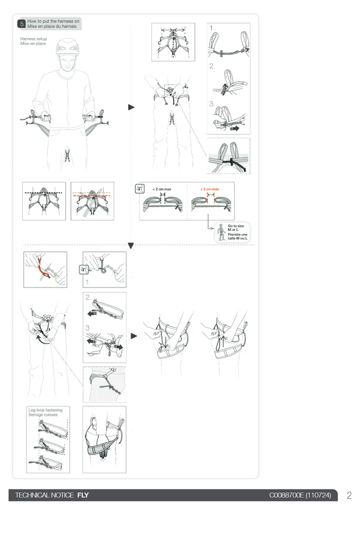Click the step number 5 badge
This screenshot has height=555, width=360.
pyautogui.click(x=22, y=24)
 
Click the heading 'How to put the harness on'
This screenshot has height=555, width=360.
pyautogui.click(x=53, y=21)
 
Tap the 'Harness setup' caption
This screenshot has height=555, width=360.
pyautogui.click(x=34, y=39)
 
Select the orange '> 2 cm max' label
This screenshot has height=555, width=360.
pyautogui.click(x=210, y=189)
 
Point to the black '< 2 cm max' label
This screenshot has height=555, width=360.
pyautogui.click(x=162, y=189)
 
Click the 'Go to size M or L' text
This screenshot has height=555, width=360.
pyautogui.click(x=236, y=228)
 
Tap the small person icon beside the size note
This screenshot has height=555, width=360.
pyautogui.click(x=221, y=232)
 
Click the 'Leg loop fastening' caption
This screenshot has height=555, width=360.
pyautogui.click(x=45, y=410)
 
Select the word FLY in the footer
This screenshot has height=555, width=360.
pyautogui.click(x=83, y=495)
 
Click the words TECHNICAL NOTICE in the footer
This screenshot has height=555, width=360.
pyautogui.click(x=44, y=495)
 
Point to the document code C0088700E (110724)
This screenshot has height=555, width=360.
pyautogui.click(x=300, y=495)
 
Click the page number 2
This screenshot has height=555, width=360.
pyautogui.click(x=349, y=495)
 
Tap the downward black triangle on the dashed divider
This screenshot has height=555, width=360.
pyautogui.click(x=130, y=246)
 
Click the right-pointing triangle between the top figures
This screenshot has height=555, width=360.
pyautogui.click(x=131, y=107)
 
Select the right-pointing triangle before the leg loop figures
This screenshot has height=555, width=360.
pyautogui.click(x=134, y=336)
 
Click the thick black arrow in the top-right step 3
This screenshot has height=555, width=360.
pyautogui.click(x=235, y=129)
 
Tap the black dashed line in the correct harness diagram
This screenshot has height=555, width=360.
pyautogui.click(x=43, y=193)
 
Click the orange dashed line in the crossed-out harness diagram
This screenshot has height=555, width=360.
pyautogui.click(x=92, y=195)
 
